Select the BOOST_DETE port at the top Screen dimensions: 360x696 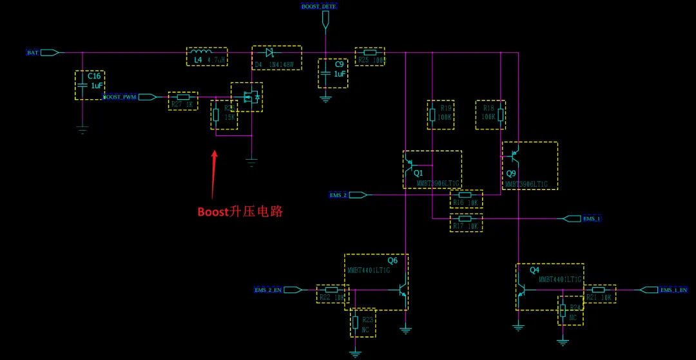click(320, 6)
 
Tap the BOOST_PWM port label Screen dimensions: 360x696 click(121, 97)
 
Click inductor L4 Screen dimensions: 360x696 click(207, 56)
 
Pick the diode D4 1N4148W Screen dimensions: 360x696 click(276, 57)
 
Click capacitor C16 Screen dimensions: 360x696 click(89, 84)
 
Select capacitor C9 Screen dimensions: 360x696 click(333, 73)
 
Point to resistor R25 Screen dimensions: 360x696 click(370, 56)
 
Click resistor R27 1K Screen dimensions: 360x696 click(182, 100)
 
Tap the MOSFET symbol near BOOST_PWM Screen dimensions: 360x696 click(247, 97)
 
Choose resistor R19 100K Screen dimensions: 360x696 click(441, 115)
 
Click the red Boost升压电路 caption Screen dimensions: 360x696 click(240, 211)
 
